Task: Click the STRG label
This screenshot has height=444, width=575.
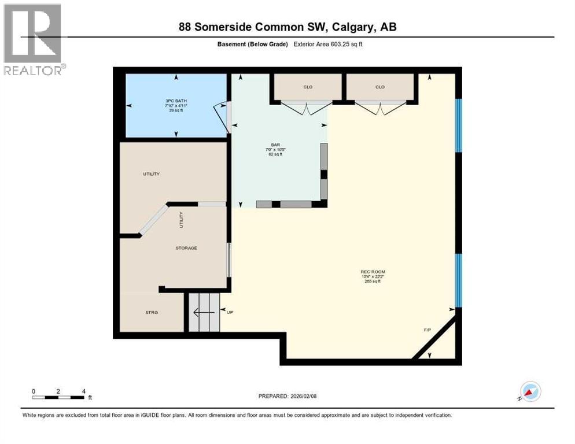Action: tap(152, 313)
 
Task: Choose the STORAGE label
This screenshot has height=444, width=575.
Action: tap(186, 248)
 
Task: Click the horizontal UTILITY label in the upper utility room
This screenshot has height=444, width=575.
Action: tap(152, 174)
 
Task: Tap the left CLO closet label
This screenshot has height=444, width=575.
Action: tap(308, 87)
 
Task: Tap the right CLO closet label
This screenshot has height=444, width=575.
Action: tap(380, 87)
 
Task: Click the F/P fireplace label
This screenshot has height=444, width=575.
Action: tap(427, 330)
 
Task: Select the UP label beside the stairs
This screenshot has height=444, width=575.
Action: tap(230, 313)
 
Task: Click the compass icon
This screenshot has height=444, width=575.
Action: tap(530, 391)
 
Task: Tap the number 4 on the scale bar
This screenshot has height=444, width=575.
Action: tap(84, 391)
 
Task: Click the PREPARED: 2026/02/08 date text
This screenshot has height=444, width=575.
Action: tap(287, 396)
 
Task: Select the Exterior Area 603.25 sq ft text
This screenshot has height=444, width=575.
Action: tap(328, 44)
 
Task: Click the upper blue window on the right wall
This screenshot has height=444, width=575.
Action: tap(458, 125)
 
